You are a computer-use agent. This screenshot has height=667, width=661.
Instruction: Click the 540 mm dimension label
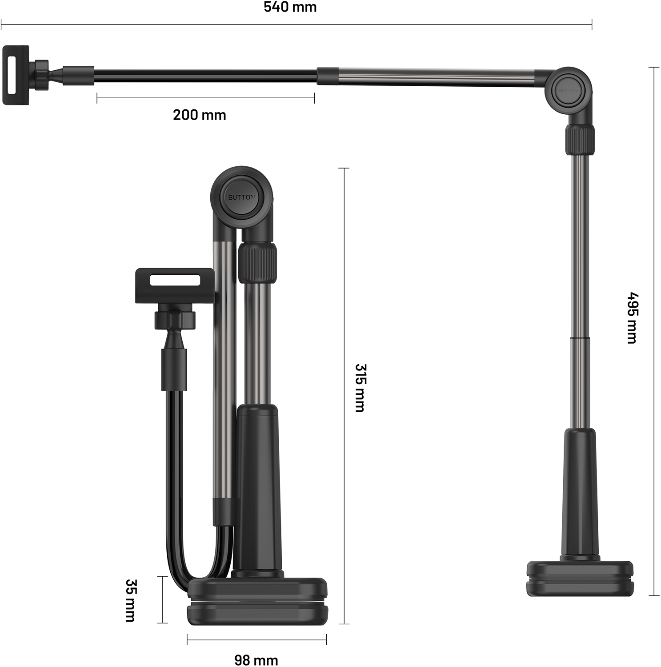290,7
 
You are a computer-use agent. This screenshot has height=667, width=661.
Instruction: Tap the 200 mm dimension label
200,115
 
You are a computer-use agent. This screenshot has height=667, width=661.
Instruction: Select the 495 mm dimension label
632,318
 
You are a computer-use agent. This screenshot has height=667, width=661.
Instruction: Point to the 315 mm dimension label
360,388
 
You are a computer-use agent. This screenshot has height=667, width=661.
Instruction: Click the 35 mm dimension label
131,600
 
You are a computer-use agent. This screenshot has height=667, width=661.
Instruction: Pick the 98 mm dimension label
256,660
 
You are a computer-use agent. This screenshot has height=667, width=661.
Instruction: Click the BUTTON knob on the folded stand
241,197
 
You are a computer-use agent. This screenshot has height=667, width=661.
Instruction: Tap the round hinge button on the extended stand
568,90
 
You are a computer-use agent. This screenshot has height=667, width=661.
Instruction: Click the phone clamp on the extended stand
16,75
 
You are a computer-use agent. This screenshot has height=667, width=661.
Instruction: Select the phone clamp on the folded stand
175,286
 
